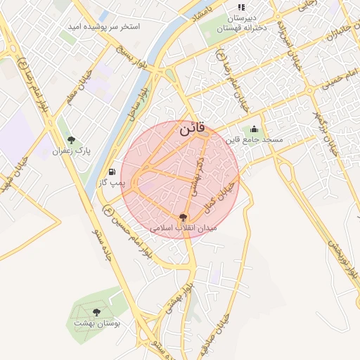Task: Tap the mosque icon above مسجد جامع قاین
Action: tap(254, 129)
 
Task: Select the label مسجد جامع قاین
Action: tap(254, 140)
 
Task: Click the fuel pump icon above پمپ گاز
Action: tap(112, 172)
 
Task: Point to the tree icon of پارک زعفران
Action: tap(71, 141)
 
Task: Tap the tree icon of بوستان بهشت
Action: tap(96, 312)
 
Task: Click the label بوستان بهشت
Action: tap(97, 323)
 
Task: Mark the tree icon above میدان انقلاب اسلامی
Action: tap(184, 217)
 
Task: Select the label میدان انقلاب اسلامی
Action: tap(184, 229)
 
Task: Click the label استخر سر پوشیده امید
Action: tap(103, 26)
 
